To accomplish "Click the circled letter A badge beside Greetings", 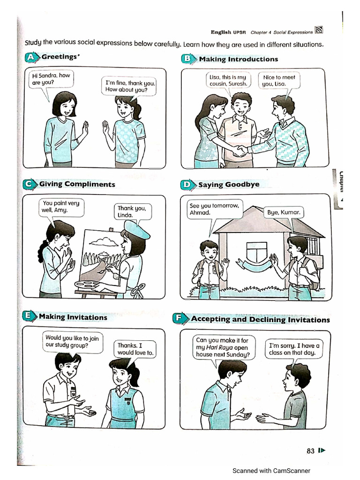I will (31, 58).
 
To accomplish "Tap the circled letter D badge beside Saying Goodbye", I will (187, 185).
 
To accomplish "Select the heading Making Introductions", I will (238, 59).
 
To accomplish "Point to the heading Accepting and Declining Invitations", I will (260, 320).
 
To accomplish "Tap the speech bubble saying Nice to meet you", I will (279, 81).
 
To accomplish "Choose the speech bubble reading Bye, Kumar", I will (284, 212).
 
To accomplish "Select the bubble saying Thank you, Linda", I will (132, 211).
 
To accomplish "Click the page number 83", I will (310, 451).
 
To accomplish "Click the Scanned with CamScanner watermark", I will (271, 471).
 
